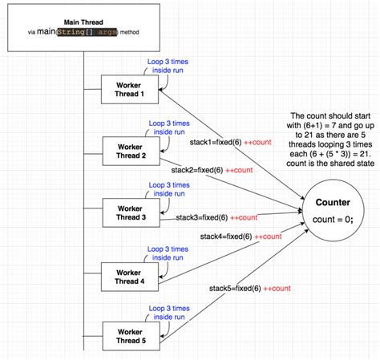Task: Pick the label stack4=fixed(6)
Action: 227,236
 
